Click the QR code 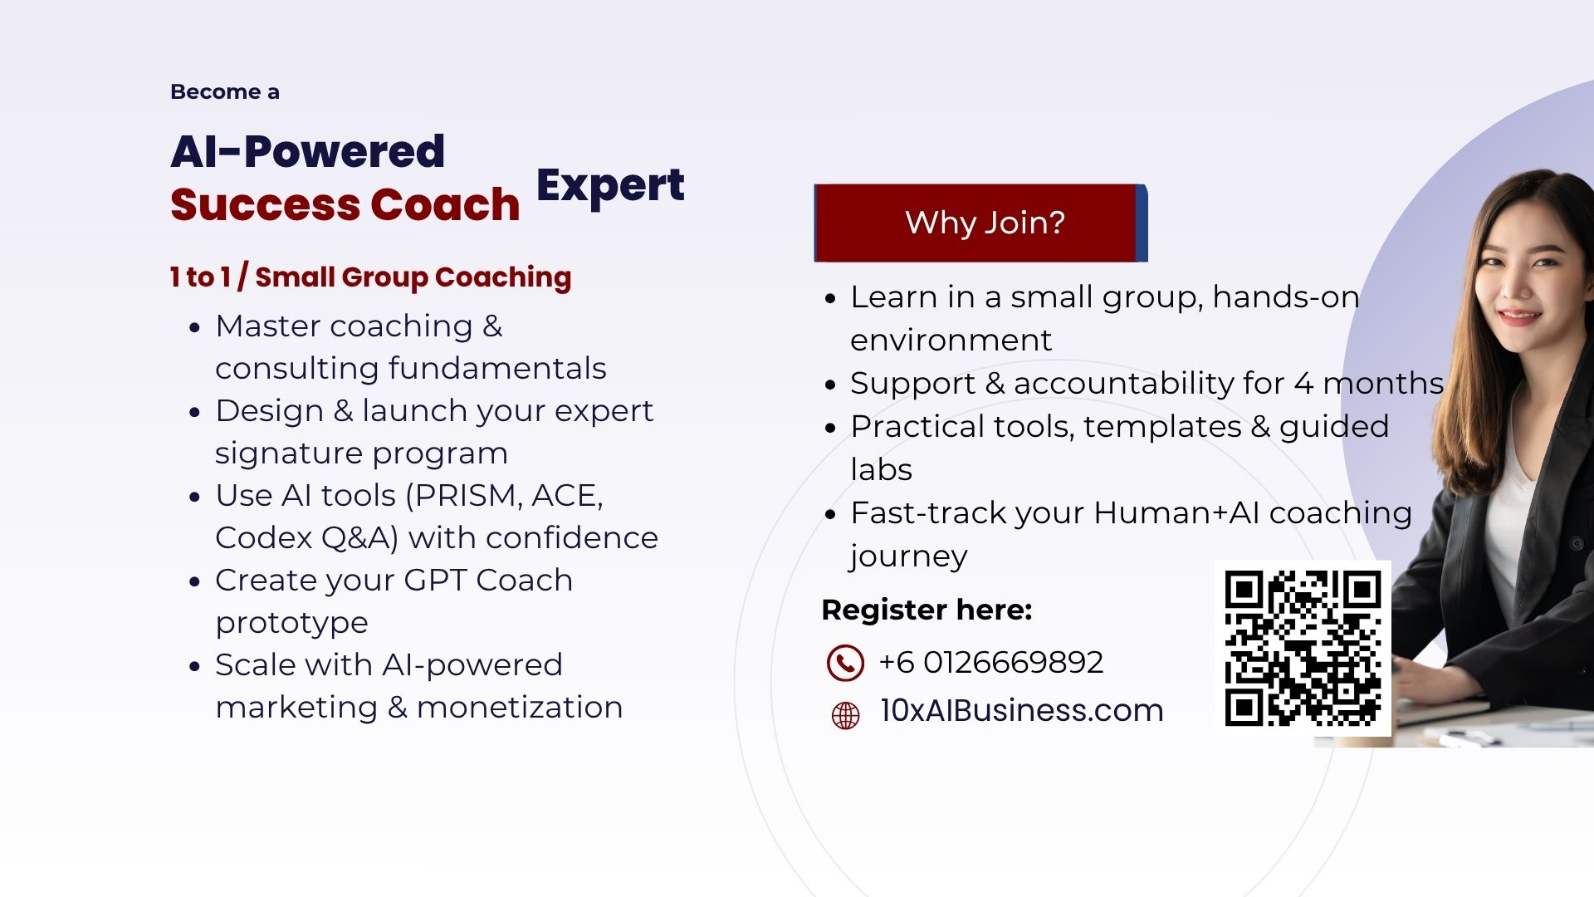click(x=1303, y=648)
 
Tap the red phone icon click(x=845, y=663)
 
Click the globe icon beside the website click(x=845, y=715)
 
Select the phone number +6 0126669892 click(x=991, y=662)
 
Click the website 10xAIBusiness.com click(x=1022, y=710)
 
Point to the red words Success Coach click(x=345, y=204)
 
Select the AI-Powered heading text click(x=308, y=151)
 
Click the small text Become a click(x=224, y=91)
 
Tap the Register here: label click(x=927, y=610)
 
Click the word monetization click(x=520, y=707)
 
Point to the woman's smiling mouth click(x=1518, y=316)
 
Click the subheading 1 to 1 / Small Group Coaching click(x=370, y=277)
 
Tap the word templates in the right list click(x=1162, y=427)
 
